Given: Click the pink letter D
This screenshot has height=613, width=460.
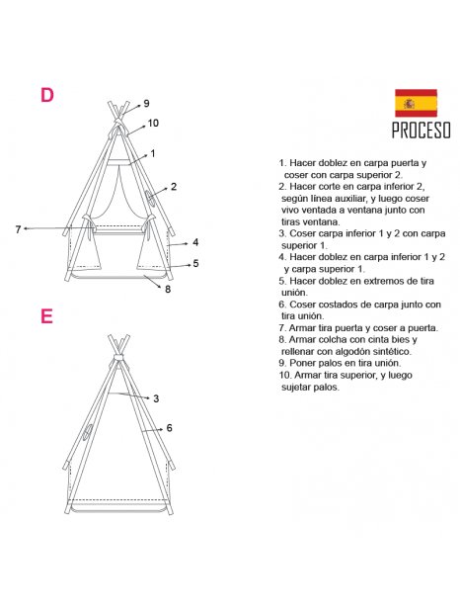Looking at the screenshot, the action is point(46,95).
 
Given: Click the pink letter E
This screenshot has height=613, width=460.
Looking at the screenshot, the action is point(46,315).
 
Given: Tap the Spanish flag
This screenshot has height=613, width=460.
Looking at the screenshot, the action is point(416,103).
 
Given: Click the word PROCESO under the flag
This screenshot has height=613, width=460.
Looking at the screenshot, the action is point(421,131).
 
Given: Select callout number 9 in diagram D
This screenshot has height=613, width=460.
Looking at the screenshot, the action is point(146,103).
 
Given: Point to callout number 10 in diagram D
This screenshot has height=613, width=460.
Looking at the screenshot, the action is point(153,124).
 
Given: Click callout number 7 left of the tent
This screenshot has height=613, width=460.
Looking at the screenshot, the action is point(18,229).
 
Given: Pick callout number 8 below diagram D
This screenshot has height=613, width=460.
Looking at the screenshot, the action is point(168,289).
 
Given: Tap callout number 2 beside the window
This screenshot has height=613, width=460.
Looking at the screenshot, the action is point(174,187).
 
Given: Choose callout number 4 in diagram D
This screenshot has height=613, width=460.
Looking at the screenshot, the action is point(195,242).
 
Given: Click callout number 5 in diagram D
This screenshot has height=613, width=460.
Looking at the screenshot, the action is point(195,264).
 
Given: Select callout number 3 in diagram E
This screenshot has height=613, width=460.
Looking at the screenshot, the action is point(156,398).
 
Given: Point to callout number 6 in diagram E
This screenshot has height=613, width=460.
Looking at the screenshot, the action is point(170,428).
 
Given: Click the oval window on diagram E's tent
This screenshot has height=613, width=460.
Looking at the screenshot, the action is point(89,432).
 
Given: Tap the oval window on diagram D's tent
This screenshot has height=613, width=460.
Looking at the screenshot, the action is point(150,198).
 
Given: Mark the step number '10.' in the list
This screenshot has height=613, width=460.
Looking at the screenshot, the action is point(285,375).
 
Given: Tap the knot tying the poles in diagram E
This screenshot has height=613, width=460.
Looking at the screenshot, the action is point(118,359).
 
